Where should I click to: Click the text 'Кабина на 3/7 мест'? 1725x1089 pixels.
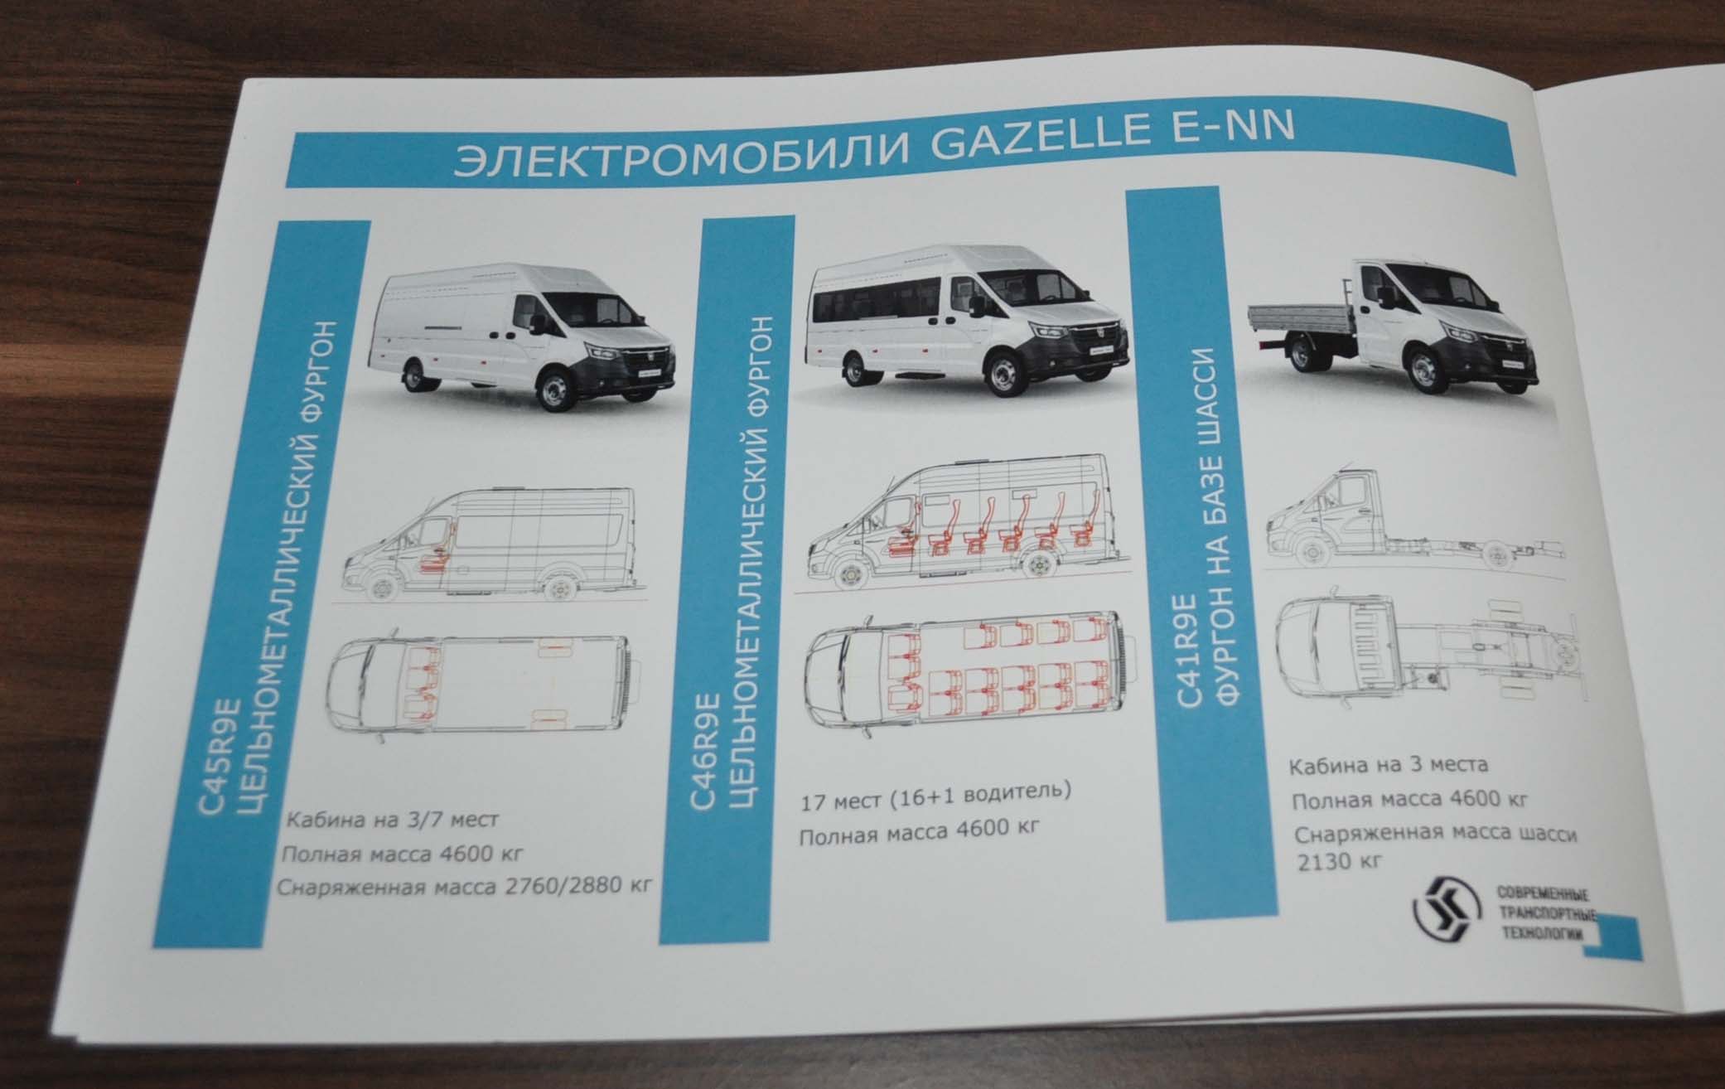pyautogui.click(x=394, y=820)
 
